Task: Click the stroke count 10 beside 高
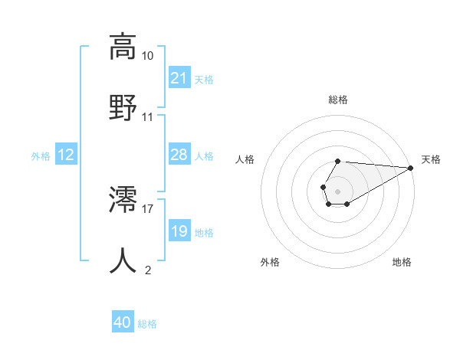(x=147, y=56)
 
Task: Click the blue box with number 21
(x=179, y=77)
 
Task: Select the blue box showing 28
(x=179, y=155)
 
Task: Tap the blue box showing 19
(x=179, y=231)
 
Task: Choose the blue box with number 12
(x=66, y=155)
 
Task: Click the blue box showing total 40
(x=123, y=322)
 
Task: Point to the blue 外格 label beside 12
(x=41, y=156)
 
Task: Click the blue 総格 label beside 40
(x=147, y=324)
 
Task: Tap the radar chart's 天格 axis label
(x=431, y=159)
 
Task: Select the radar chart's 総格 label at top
(x=337, y=100)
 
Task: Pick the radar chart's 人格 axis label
(x=245, y=159)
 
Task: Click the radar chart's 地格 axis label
(x=402, y=262)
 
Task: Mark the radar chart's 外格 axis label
(x=270, y=262)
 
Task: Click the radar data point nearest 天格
(x=412, y=168)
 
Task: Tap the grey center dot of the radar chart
(x=337, y=190)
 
